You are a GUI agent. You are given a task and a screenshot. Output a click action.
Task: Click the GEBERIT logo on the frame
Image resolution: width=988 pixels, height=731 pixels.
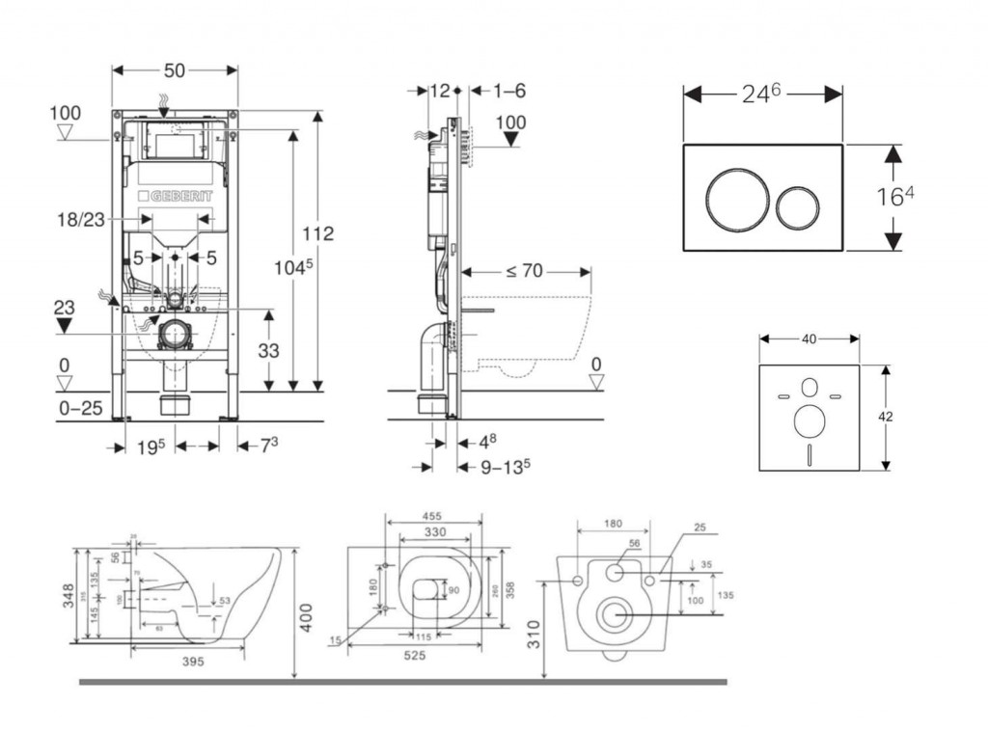pos(175,193)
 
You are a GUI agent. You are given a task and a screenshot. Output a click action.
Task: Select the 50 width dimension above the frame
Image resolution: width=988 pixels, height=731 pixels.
pos(175,69)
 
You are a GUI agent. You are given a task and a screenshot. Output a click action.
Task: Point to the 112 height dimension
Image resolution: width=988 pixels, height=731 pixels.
pos(316,233)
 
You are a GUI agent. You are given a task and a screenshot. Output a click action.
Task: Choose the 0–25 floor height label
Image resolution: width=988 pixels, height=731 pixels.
pos(80,409)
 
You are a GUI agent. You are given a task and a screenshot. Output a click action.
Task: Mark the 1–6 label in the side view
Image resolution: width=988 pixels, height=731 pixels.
pos(508,91)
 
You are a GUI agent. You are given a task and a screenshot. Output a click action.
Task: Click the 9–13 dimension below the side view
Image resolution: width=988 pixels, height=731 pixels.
pos(507,467)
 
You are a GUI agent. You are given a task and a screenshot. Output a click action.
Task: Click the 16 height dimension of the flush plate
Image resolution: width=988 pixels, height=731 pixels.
pos(894,197)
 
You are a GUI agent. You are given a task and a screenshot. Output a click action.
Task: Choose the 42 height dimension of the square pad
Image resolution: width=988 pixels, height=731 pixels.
pos(886,417)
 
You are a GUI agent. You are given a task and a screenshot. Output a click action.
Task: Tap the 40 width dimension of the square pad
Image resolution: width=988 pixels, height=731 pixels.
pos(809,338)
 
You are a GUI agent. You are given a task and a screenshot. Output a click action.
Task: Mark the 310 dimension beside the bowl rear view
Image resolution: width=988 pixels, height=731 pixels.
pos(536,633)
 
